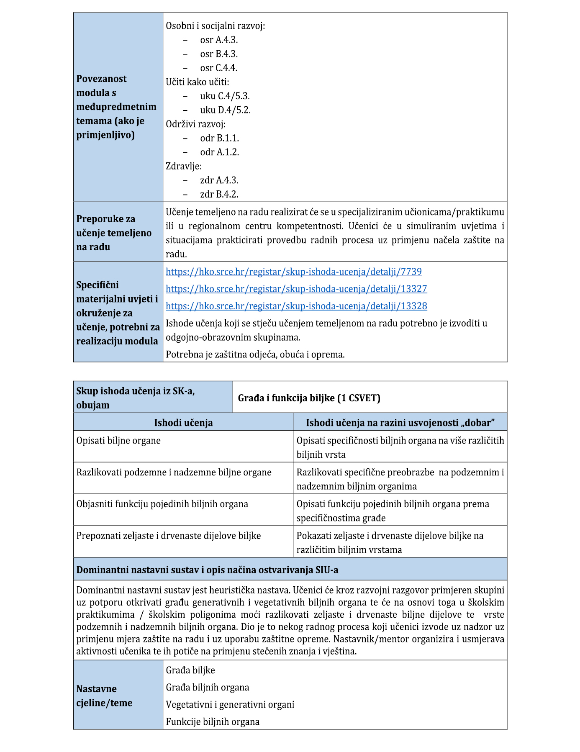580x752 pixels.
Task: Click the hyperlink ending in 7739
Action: tap(293, 272)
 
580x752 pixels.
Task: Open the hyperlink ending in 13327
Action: tap(296, 289)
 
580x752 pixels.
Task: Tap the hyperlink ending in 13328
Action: tap(296, 306)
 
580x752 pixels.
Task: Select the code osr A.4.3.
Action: tap(219, 40)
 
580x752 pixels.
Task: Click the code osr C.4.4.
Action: tap(218, 68)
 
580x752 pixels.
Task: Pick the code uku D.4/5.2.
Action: tap(225, 110)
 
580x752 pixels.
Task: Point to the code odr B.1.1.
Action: tap(219, 138)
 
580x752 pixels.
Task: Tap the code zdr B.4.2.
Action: tap(219, 194)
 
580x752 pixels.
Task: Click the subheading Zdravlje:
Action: tap(184, 166)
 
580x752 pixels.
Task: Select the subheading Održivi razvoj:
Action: tap(195, 124)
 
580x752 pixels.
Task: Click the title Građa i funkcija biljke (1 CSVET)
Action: tap(309, 398)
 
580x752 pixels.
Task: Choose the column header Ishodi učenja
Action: tap(183, 422)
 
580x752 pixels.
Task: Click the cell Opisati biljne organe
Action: tap(118, 441)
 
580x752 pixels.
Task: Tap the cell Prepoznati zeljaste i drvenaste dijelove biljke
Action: tap(168, 536)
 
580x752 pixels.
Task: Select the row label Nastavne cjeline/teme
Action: tap(104, 696)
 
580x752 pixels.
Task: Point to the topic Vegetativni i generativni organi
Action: tap(230, 704)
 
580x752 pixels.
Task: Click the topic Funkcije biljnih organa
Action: tap(213, 721)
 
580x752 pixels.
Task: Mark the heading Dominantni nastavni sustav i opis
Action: tap(207, 570)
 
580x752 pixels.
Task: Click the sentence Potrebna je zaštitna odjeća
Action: tap(255, 354)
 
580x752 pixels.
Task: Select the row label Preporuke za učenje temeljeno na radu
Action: tap(113, 233)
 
